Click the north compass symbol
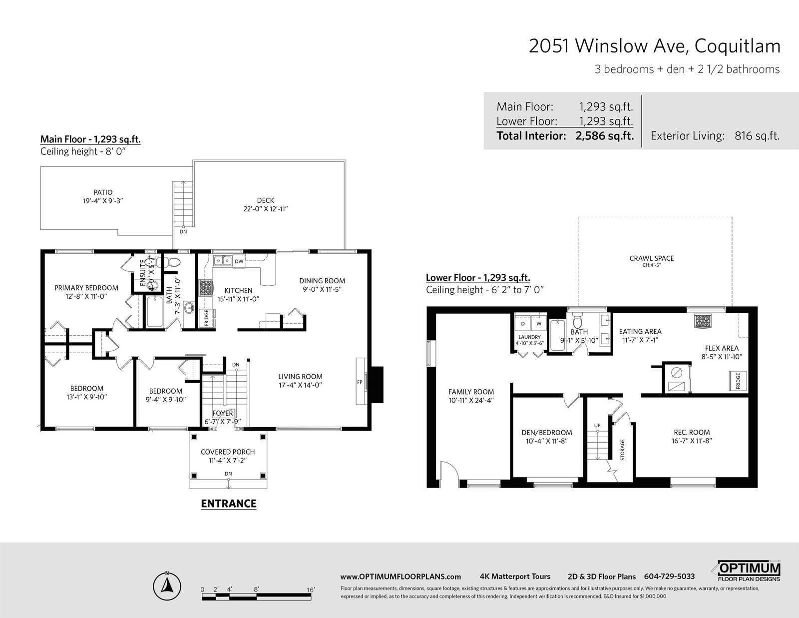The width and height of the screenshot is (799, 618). click(167, 585)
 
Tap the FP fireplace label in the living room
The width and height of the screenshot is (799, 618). click(360, 382)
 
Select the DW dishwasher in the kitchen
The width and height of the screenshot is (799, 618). click(239, 261)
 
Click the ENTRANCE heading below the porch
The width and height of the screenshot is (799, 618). click(228, 503)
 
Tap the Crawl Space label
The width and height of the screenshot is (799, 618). click(652, 258)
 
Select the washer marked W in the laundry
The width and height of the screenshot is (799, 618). click(539, 324)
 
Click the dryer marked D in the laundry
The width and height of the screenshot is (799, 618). click(523, 324)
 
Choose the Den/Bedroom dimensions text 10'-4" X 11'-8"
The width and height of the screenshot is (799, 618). click(547, 441)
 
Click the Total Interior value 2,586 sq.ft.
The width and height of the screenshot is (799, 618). click(604, 136)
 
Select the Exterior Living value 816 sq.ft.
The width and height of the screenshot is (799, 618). click(757, 136)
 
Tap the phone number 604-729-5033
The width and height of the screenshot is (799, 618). click(669, 577)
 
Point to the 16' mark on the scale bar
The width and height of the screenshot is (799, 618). click(311, 590)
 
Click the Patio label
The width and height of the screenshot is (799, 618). click(103, 192)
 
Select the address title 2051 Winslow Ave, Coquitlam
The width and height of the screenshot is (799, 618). click(655, 46)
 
